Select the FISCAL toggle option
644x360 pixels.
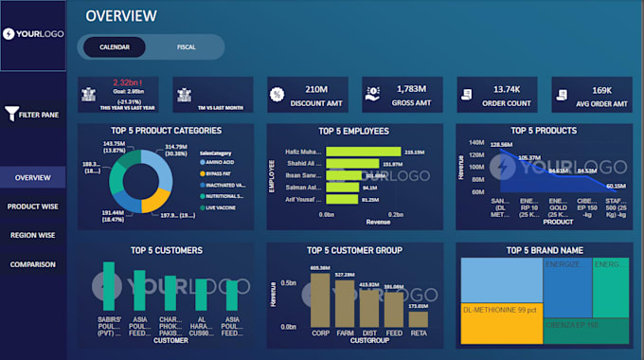pos(187,46)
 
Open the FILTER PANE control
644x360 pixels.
pos(33,115)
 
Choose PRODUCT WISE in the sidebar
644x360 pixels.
pos(33,207)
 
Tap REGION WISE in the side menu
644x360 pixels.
pos(33,235)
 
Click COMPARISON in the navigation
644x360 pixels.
pos(33,264)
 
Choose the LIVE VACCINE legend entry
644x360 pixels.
pos(220,207)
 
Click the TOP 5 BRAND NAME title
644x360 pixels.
pos(544,250)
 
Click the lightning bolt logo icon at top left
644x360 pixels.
pos(9,33)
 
